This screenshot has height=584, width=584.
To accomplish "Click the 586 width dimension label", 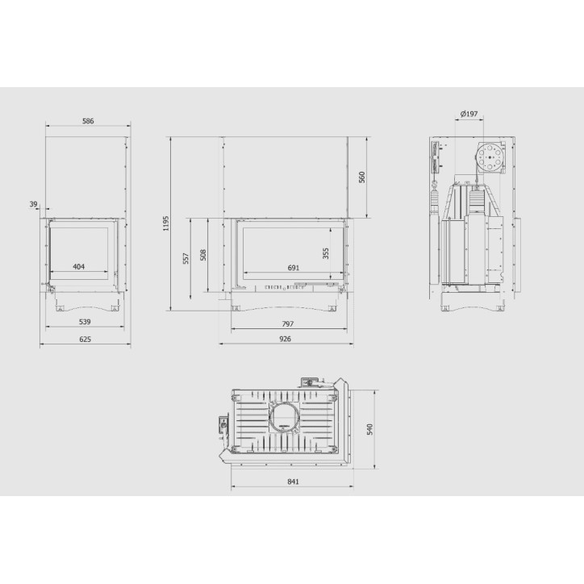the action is point(88,121).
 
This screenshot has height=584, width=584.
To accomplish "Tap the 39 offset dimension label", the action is point(34,204).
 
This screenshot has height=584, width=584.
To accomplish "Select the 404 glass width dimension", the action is point(78,267).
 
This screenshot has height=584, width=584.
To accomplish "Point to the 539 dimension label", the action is point(85,322).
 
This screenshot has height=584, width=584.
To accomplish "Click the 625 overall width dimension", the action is point(86,340).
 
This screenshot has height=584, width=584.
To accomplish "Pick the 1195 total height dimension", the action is point(166,223).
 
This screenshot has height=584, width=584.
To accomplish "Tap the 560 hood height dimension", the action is point(362,177).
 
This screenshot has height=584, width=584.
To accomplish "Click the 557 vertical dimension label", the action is point(186,258).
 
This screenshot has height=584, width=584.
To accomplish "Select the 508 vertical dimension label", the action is point(203,255).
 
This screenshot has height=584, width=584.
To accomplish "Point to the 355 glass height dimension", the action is point(326,253).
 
